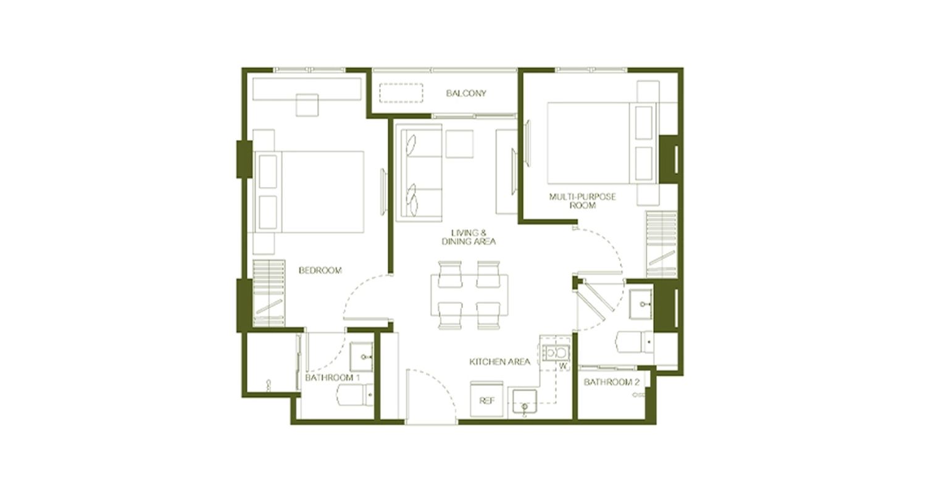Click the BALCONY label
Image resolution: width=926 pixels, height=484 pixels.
pos(466,93)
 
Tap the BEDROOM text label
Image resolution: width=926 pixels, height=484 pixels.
pos(320,270)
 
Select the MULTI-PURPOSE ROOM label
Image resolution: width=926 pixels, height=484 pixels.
pos(582,201)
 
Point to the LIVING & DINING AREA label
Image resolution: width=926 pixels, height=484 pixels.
pos(469,237)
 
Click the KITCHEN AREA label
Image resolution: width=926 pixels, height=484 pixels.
pos(499,362)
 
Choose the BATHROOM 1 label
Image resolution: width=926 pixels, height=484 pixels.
pos(332,378)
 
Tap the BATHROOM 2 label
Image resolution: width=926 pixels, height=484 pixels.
pos(611,382)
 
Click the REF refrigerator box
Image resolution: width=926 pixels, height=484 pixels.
pos(486,399)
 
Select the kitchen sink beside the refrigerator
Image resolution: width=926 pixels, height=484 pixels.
pos(524,401)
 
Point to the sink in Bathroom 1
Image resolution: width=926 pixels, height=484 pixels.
pos(361,357)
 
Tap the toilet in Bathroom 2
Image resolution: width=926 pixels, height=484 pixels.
pos(635,342)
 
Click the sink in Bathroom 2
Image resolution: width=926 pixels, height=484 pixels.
pos(641,304)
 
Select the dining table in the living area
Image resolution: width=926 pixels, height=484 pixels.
pos(469,294)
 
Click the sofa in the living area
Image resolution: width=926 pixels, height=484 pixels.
pos(419,173)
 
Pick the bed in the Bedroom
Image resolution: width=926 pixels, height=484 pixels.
pos(309,192)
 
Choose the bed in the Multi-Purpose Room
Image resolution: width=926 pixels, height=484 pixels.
pos(601,143)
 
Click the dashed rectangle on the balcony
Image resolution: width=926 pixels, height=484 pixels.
pos(401,93)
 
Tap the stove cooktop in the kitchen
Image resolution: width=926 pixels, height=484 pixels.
pos(556,353)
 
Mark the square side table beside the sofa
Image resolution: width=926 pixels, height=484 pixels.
pos(459,144)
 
